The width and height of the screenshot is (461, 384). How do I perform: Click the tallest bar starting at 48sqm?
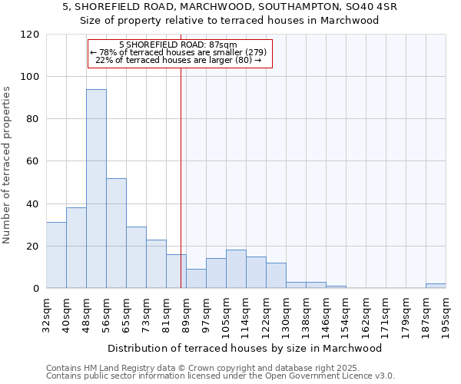tap(96, 188)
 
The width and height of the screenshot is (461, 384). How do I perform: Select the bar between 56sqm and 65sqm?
tap(116, 233)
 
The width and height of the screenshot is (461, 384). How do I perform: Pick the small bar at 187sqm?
tap(436, 286)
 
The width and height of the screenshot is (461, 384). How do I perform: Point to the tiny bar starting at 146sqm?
tap(336, 286)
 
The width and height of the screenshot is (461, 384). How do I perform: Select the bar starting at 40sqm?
tap(76, 247)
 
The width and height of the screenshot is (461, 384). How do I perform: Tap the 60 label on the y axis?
tap(33, 161)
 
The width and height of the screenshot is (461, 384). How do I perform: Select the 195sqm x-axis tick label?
tap(446, 313)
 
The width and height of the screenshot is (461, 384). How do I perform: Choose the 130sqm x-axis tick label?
tap(286, 313)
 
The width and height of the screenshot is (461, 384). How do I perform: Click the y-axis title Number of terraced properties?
tap(8, 165)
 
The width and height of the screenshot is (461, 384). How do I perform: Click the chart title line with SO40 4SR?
tap(230, 6)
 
